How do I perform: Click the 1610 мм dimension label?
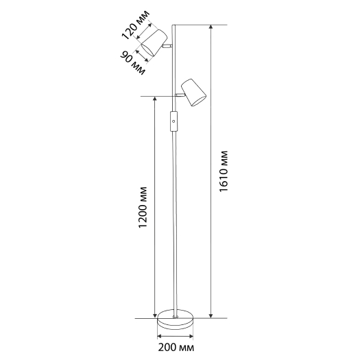224,171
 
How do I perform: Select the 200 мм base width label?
176,348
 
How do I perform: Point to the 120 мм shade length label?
136,25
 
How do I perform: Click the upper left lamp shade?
154,43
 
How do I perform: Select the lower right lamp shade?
193,93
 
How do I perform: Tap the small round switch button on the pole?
173,121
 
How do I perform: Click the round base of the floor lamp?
175,320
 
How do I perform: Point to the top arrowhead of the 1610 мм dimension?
211,27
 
